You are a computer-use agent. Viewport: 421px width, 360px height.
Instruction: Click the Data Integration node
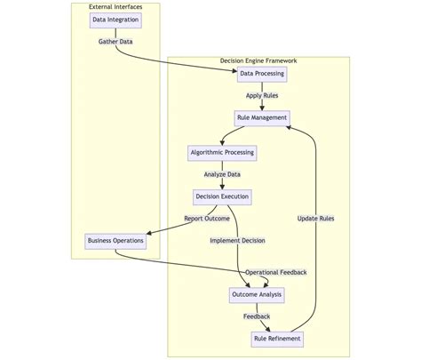point(115,20)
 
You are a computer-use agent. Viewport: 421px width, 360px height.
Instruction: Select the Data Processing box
point(262,74)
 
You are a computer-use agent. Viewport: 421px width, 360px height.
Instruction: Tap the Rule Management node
point(262,118)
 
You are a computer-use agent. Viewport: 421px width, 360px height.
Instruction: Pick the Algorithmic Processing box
point(222,153)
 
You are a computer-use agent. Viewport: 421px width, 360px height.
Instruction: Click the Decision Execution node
point(222,196)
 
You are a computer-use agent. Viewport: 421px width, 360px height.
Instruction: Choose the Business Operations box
point(115,241)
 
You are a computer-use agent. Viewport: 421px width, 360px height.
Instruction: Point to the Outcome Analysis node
point(257,294)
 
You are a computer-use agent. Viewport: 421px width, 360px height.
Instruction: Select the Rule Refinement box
point(277,339)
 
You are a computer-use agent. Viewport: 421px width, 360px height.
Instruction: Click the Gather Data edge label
point(115,42)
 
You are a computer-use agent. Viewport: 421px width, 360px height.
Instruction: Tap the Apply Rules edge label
point(262,96)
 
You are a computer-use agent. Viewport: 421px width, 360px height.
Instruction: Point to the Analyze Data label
point(222,175)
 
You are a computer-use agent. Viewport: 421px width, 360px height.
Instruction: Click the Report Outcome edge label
point(207,219)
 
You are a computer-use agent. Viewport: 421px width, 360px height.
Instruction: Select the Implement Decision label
point(237,241)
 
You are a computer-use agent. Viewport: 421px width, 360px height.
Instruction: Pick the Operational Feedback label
point(276,272)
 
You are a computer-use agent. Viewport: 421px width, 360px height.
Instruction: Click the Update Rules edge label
point(315,219)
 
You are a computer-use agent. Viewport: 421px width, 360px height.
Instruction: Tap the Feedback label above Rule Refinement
point(257,316)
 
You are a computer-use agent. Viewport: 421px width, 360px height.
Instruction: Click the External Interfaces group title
point(115,7)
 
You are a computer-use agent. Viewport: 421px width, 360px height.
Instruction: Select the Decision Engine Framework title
point(258,60)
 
